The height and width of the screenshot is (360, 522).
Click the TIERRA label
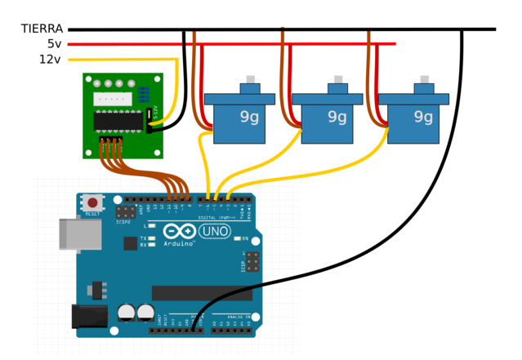coord(42,29)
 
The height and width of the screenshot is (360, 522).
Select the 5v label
coord(54,44)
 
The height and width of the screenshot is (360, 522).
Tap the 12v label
coord(51,60)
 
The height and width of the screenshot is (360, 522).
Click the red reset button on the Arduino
coord(93,202)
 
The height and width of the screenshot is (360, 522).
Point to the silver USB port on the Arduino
coord(79,233)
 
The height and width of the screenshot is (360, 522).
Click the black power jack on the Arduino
coord(90,316)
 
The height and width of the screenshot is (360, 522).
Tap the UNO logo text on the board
coord(214,231)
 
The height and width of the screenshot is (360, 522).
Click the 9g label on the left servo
coord(249,117)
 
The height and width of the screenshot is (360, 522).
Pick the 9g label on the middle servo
coord(337,117)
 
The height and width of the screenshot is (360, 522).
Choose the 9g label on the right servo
coord(423,117)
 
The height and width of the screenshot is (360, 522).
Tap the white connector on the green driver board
coord(112,98)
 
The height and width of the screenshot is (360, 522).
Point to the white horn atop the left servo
coord(250,79)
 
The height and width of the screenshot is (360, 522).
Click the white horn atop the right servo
coord(424,79)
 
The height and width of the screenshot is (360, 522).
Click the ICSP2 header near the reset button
coord(126,211)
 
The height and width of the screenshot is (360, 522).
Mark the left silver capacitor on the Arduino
coord(127,312)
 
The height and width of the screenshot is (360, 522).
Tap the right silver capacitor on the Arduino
coord(145,312)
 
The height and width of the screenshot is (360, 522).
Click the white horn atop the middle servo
coord(337,79)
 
